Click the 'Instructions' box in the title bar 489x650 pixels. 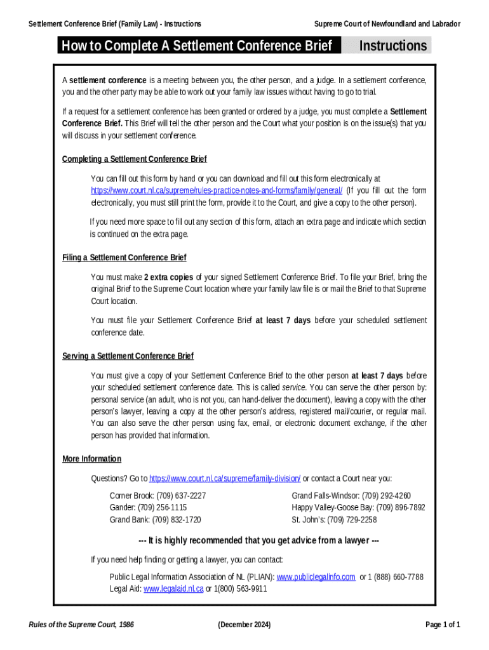coord(393,46)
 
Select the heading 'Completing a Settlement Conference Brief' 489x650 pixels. coord(134,159)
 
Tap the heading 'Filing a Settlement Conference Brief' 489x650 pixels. coord(124,258)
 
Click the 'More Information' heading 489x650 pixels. coord(91,459)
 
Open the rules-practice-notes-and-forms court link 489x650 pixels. coord(217,190)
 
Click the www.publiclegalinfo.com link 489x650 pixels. coord(316,577)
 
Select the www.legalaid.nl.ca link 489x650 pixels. coord(173,589)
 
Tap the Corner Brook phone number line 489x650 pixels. coord(157,495)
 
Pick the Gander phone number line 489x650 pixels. coord(148,507)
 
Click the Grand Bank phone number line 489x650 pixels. coord(155,519)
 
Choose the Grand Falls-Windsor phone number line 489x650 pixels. coord(351,495)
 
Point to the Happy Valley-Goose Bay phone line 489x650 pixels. coord(358,507)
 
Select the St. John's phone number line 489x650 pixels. coord(334,519)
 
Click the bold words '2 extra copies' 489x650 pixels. coord(168,277)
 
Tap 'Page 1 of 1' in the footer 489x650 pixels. coord(443,625)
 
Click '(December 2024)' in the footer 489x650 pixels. coord(244,625)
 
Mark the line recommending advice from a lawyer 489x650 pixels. coord(259,541)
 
